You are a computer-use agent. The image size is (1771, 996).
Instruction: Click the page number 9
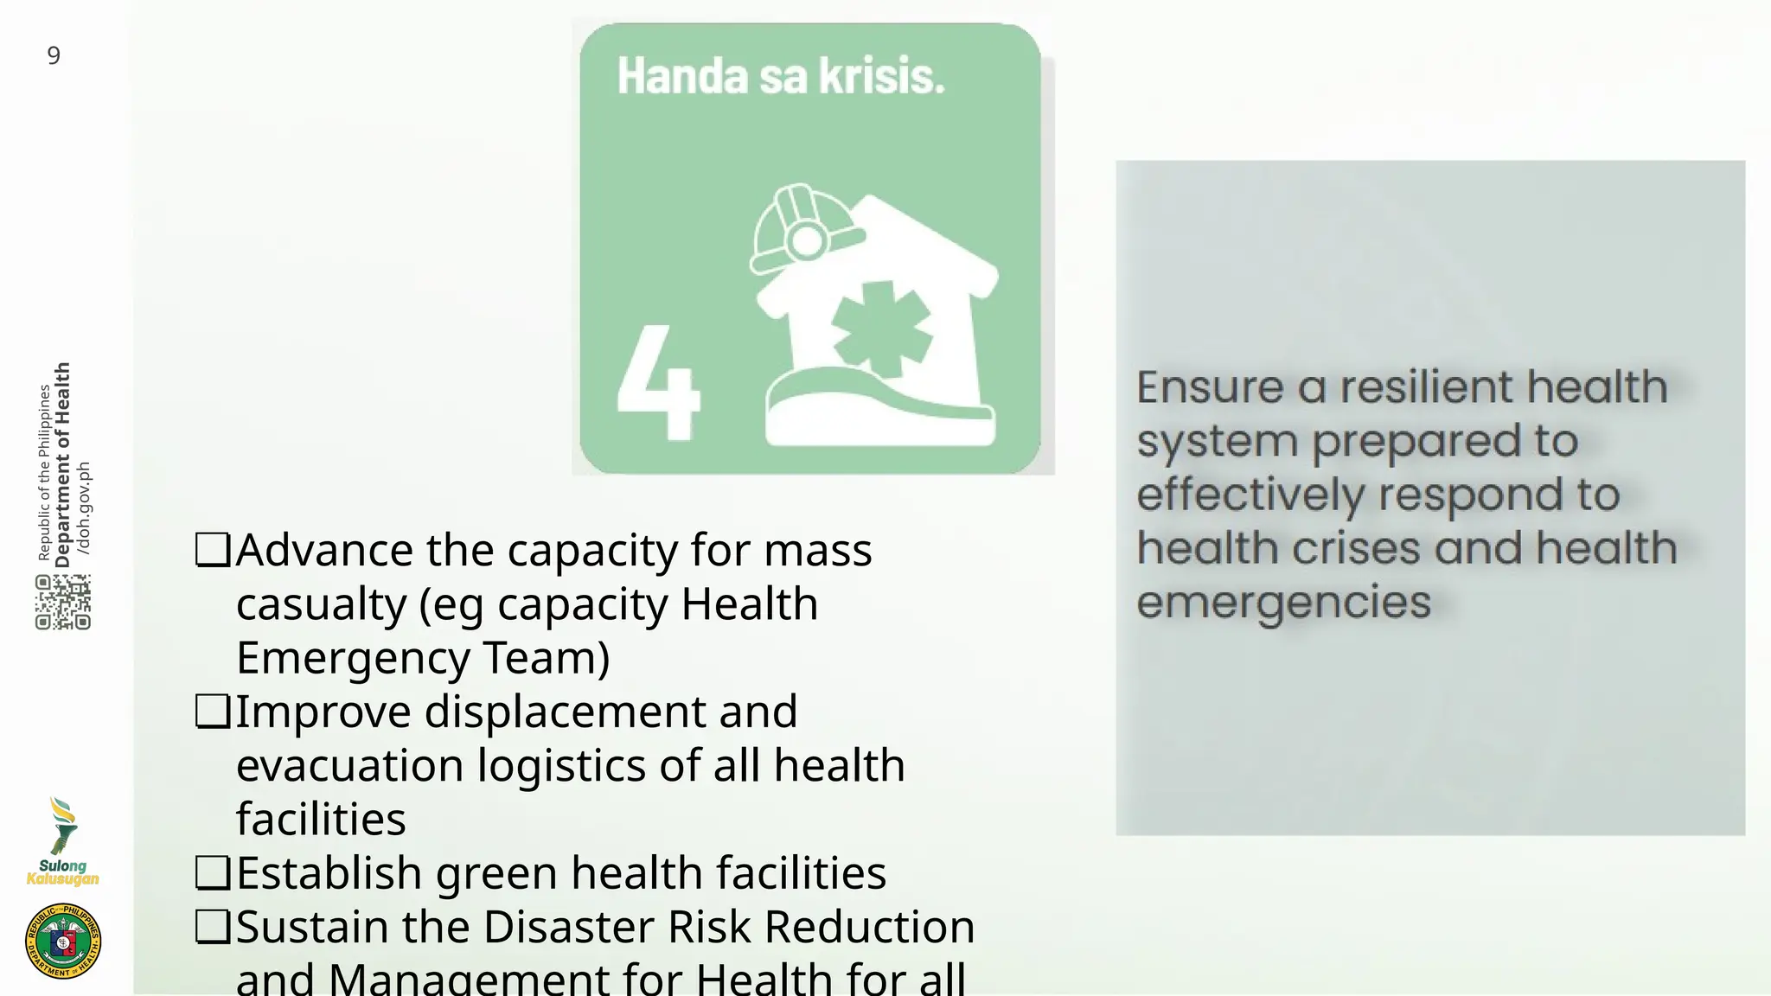point(54,56)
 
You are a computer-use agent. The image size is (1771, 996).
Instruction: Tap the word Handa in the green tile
point(682,76)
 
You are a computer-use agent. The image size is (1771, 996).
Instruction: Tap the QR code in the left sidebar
point(63,603)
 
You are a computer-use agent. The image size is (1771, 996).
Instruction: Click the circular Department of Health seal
point(63,941)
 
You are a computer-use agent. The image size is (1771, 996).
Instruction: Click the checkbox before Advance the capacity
point(213,550)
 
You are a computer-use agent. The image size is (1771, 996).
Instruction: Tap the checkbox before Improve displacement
point(213,712)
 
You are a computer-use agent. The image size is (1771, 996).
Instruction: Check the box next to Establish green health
point(213,873)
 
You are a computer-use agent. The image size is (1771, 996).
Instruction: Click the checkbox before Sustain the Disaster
point(213,927)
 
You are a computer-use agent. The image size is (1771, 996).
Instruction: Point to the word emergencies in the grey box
point(1284,602)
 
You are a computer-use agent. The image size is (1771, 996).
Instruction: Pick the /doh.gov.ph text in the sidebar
point(84,508)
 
